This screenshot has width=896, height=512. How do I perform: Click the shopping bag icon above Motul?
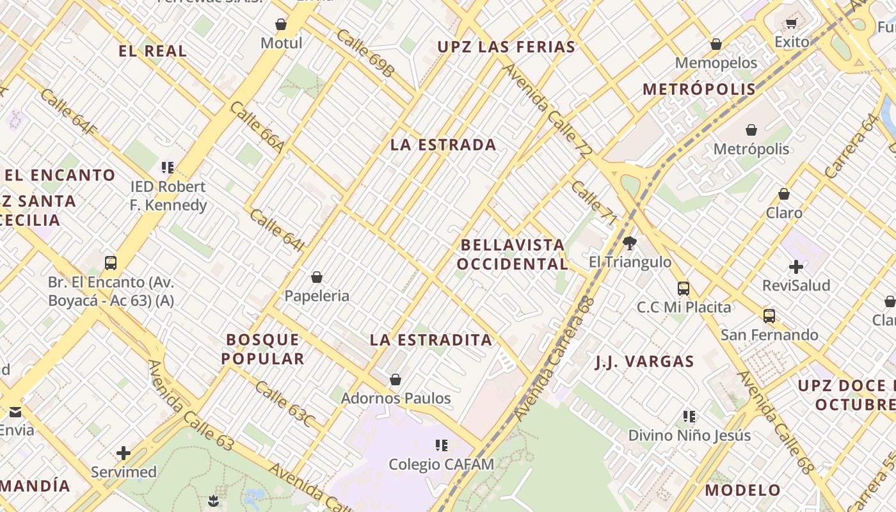[x=280, y=25]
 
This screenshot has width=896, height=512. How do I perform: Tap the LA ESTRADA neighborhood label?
[x=443, y=145]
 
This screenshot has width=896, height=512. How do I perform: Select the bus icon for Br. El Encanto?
[x=111, y=263]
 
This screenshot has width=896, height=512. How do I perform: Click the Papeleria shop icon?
[x=316, y=277]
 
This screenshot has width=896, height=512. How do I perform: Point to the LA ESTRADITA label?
[x=431, y=340]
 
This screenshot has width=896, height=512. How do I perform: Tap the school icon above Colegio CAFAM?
[x=441, y=445]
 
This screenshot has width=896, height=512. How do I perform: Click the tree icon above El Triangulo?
[x=630, y=243]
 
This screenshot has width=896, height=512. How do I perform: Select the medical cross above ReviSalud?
[x=796, y=267]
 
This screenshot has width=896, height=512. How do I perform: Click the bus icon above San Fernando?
[x=769, y=316]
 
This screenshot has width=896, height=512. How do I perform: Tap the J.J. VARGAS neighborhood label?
[x=644, y=362]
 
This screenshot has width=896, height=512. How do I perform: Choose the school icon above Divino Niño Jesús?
[x=689, y=417]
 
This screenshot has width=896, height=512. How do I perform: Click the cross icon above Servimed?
[x=124, y=454]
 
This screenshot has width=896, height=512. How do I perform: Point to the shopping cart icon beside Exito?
[x=791, y=24]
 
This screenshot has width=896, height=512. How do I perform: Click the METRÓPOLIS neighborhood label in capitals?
[x=699, y=89]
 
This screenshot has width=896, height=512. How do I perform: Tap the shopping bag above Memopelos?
[x=716, y=44]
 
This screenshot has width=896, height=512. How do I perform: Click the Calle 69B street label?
[x=365, y=52]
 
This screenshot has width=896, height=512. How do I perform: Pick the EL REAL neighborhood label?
[x=153, y=51]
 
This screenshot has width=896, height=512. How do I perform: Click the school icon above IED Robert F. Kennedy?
[x=168, y=168]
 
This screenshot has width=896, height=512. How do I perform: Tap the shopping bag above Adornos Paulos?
[x=396, y=380]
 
